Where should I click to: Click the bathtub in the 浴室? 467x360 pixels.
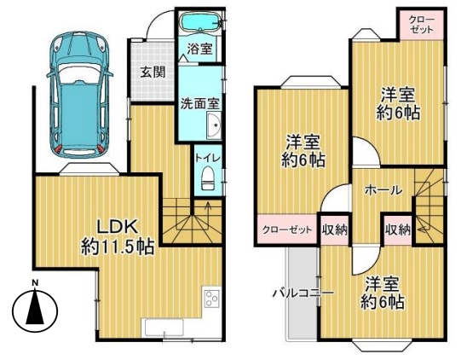coord(200,22)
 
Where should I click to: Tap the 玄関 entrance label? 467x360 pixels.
coord(153,73)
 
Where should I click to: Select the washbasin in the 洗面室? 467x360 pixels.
coord(214,126)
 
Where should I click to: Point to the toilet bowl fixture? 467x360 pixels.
coord(208,178)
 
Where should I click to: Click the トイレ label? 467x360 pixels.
coord(208,158)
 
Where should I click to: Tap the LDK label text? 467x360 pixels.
coord(118,228)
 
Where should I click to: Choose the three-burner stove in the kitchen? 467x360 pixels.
coord(211,299)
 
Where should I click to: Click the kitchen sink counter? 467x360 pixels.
coord(164,328)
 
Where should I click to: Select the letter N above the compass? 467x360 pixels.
coord(36,282)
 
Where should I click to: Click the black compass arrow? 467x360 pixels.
coord(35,307)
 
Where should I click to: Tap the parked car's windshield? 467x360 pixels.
coord(79,73)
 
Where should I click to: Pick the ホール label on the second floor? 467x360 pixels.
coord(383,189)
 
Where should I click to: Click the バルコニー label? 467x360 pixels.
coord(303,293)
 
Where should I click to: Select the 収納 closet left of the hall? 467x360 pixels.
coord(335,230)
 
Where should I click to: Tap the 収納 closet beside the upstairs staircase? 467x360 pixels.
coord(398,229)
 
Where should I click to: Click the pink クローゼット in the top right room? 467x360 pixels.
coord(422,25)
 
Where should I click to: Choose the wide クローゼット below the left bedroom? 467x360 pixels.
coord(287,229)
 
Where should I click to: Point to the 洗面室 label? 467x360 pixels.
coord(200,104)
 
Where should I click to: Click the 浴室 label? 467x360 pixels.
coord(199,49)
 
